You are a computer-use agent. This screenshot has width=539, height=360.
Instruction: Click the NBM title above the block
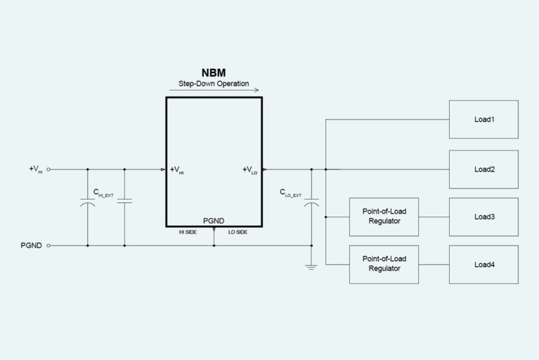click(214, 72)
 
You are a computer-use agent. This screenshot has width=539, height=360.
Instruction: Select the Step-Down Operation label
click(214, 84)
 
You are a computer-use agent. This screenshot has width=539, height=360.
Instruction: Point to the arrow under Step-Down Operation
click(214, 90)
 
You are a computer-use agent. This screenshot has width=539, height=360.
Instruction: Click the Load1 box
click(483, 120)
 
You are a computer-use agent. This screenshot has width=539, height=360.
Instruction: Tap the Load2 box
click(483, 169)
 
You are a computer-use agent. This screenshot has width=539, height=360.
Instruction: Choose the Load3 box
click(483, 217)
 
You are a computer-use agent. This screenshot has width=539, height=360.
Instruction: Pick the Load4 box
click(483, 264)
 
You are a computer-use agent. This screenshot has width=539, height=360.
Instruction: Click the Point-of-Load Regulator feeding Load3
click(384, 217)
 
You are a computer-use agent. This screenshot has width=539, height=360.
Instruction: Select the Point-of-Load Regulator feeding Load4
click(384, 264)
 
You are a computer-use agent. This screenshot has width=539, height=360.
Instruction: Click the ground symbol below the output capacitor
click(311, 267)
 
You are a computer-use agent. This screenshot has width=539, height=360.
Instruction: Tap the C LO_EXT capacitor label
click(290, 192)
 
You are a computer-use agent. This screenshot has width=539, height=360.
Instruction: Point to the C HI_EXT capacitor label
click(103, 192)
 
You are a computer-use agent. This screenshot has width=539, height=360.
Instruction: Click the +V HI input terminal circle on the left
click(48, 169)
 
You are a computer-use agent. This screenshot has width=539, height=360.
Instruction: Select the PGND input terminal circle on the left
click(48, 245)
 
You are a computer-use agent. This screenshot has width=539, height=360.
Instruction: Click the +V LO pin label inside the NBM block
click(249, 169)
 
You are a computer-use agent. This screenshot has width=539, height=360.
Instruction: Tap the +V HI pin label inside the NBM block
click(177, 169)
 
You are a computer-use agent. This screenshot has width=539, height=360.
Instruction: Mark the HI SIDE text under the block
click(187, 232)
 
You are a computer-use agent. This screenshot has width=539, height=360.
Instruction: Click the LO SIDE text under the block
click(238, 232)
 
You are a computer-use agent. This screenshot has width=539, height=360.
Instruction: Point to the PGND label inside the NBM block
click(214, 221)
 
